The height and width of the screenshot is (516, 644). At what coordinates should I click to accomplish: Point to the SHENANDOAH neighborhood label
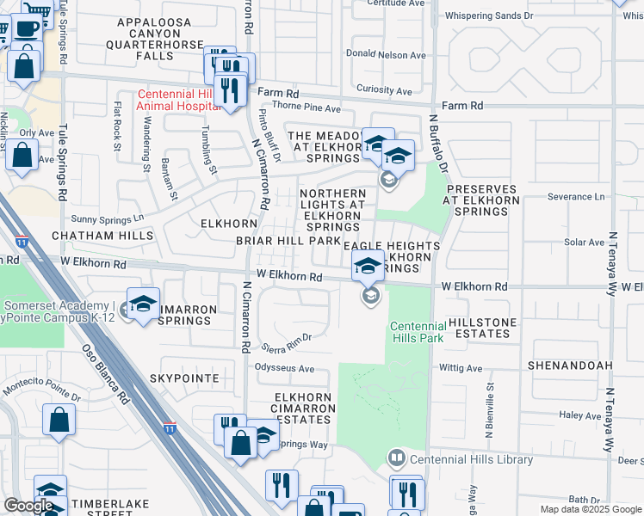[570, 365]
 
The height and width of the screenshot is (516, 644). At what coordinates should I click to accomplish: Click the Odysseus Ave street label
[285, 368]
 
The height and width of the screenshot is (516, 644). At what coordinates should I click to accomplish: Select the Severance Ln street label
[570, 197]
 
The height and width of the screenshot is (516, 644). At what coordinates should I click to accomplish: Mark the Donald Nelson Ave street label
[386, 54]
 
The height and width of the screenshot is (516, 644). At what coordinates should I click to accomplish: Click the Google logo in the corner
[28, 506]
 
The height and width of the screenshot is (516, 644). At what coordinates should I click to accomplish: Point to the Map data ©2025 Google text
[591, 509]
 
